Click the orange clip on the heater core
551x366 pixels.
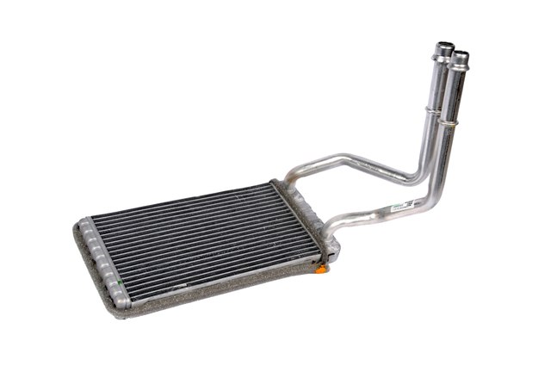point(321,269)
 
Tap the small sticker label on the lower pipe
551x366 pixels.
point(403,207)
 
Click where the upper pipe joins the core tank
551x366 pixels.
point(288,183)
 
